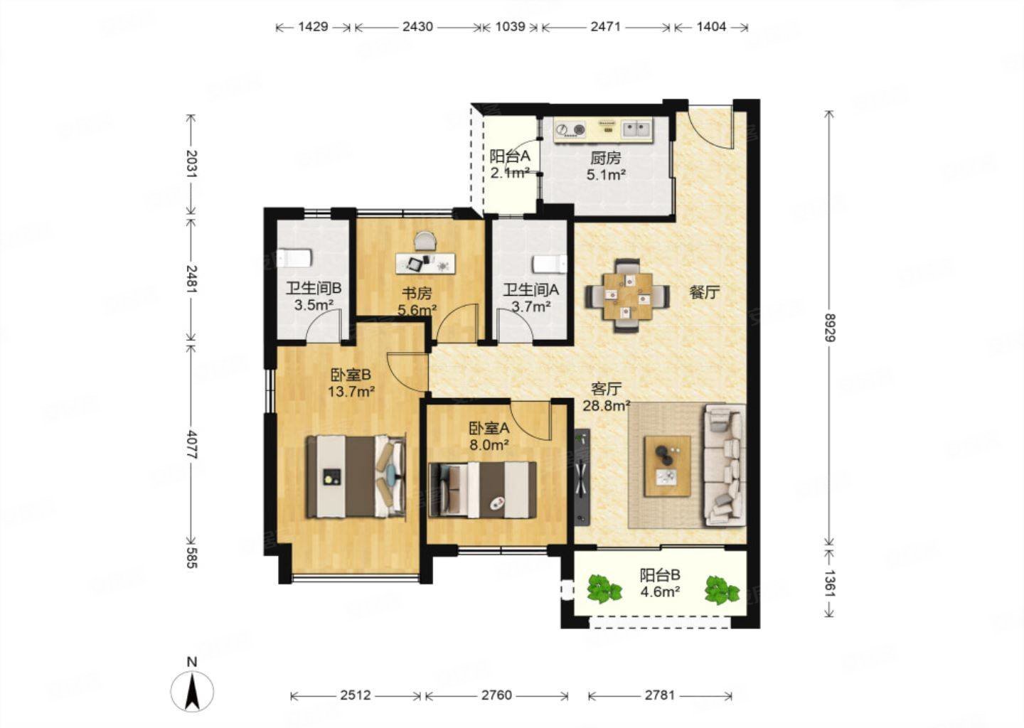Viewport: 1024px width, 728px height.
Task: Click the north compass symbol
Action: point(192,690)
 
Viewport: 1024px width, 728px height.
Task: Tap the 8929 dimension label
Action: point(829,327)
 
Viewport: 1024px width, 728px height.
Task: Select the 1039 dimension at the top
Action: point(510,27)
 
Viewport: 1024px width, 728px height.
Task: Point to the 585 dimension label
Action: point(191,557)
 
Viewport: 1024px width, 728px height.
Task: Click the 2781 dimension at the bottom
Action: point(660,695)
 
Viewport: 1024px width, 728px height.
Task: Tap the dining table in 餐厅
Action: point(627,296)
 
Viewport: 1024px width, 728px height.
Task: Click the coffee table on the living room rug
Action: point(668,466)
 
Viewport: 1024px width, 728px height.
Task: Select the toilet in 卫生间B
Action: point(294,258)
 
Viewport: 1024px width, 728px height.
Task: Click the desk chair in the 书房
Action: point(425,241)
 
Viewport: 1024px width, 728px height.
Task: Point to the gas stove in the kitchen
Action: point(570,131)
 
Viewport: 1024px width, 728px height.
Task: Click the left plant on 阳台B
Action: point(604,589)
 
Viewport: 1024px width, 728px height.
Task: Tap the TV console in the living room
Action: point(582,478)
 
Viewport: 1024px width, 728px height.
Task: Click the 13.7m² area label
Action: point(351,391)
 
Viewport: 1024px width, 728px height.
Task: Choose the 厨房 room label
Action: point(606,158)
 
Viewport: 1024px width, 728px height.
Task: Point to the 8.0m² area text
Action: point(489,444)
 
